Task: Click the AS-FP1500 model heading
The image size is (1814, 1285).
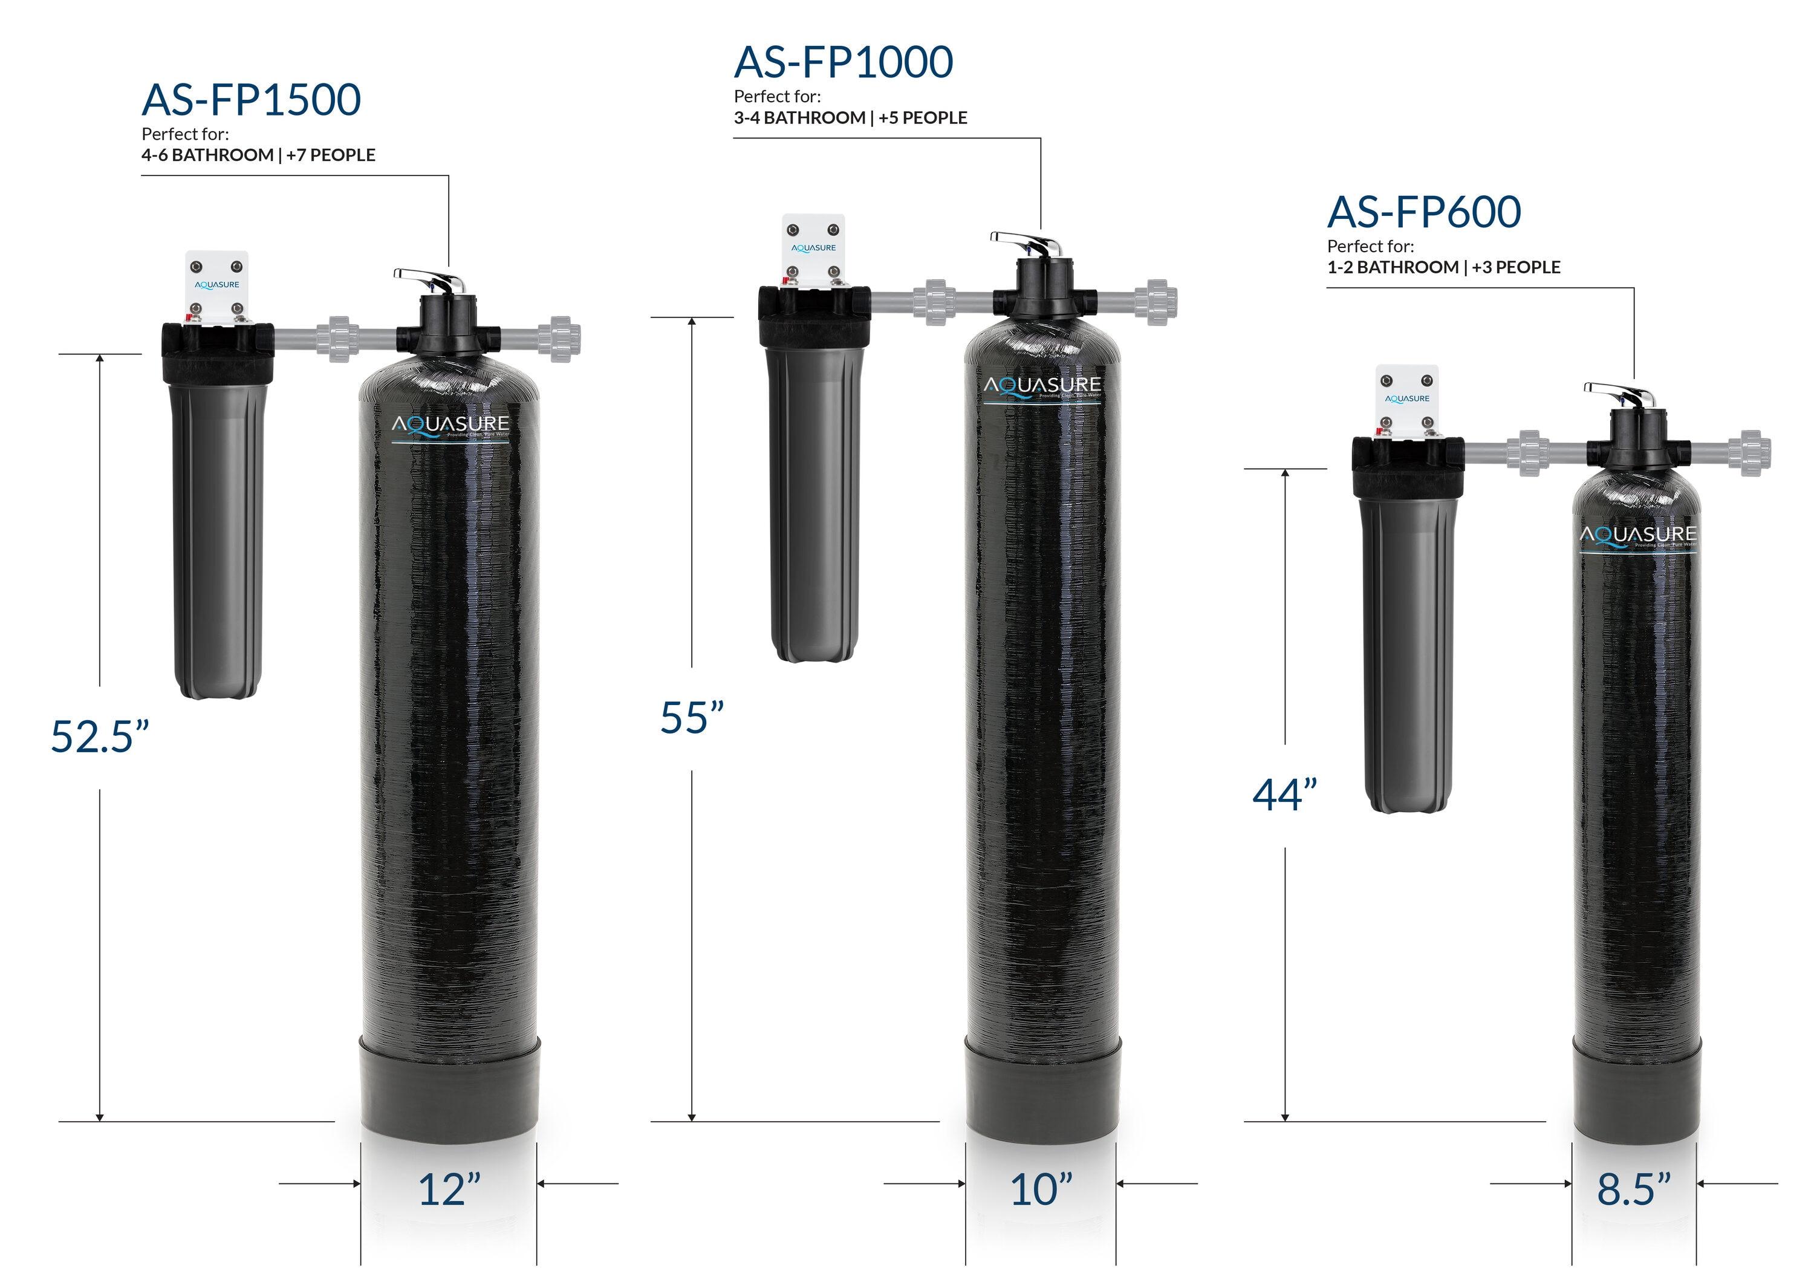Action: (251, 100)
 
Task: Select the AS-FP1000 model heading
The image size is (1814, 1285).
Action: (844, 62)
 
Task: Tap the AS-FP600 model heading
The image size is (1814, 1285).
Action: (1423, 212)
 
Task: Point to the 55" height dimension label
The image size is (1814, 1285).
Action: (692, 718)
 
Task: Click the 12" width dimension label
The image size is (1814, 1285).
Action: (449, 1189)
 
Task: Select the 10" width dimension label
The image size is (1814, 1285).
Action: (1041, 1189)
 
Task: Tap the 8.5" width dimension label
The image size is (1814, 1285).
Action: (1634, 1189)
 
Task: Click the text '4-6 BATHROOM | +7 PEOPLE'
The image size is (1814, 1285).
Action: (258, 155)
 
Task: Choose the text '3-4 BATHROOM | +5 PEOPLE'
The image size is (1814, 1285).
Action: (850, 118)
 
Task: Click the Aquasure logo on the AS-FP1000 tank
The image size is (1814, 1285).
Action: (1042, 387)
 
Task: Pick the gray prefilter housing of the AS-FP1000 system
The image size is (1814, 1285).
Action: (811, 506)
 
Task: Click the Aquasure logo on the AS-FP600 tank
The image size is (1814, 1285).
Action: (1637, 536)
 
